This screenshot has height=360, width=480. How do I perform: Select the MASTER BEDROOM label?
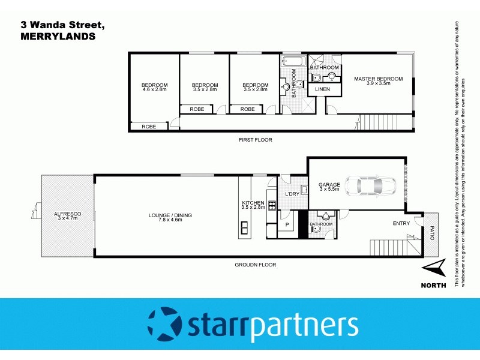click(378, 79)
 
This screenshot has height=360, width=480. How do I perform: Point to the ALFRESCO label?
click(67, 214)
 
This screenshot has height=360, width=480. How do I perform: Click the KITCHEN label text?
click(253, 203)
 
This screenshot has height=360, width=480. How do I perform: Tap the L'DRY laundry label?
click(292, 194)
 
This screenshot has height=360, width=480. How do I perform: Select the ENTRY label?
click(401, 224)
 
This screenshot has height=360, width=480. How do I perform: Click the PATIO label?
click(431, 232)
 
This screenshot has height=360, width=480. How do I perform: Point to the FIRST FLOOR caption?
click(255, 140)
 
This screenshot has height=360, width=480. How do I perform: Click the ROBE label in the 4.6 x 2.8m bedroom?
click(149, 127)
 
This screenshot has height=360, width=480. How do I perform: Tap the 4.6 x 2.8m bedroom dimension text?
click(154, 89)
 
